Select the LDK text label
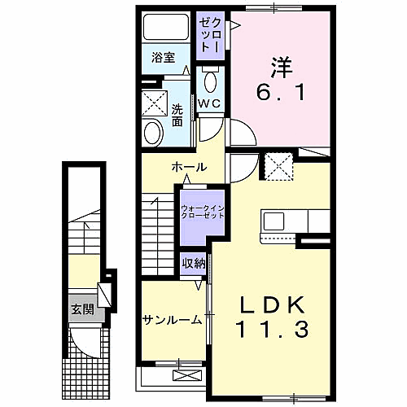tap(273, 305)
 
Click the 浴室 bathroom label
tap(164, 58)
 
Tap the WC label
tap(209, 103)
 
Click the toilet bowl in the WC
tap(210, 81)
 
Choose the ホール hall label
tap(189, 167)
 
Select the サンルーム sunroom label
tap(172, 319)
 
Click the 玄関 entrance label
tap(81, 309)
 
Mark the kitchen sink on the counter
tap(273, 221)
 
